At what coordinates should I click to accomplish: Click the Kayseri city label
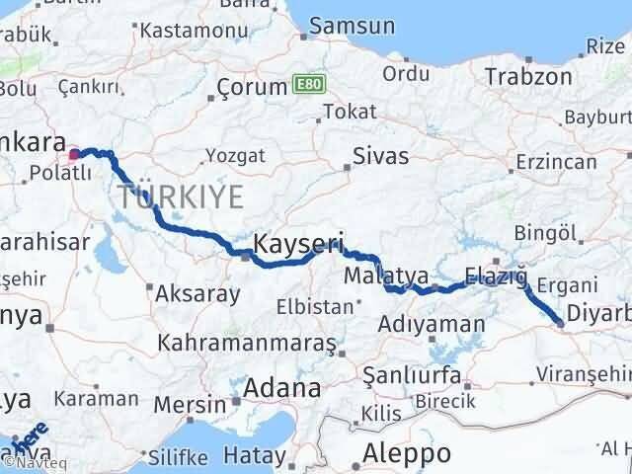coord(285,242)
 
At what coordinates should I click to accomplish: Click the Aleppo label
coord(407,453)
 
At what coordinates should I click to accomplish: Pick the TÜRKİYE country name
coord(179,196)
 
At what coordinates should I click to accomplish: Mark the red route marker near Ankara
coord(74,154)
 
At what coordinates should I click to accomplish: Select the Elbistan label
coord(314,307)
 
